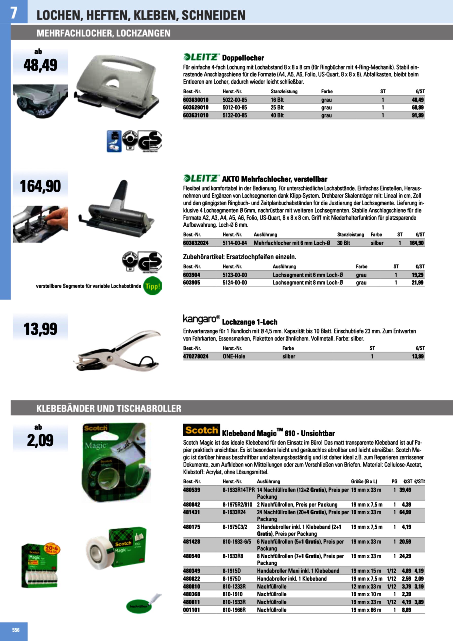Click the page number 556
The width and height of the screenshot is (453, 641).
pos(16,630)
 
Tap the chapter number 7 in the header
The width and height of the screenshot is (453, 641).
pos(14,13)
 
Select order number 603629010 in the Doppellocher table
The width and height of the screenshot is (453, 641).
pos(196,108)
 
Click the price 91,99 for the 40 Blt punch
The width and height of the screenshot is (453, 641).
pos(417,115)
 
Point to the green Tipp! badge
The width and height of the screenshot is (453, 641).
pos(152,286)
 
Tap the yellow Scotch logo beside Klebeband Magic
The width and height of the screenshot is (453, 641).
pos(201,430)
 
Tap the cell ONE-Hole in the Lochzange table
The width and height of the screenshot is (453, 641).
pos(234,356)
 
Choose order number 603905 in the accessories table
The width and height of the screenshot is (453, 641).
pos(191,282)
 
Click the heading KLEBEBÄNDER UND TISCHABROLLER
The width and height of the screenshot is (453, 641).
pos(109,409)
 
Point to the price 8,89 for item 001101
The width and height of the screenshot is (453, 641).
pos(406,610)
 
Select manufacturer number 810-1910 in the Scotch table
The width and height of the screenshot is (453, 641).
pos(233,594)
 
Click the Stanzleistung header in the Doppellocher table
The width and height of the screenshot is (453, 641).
pos(284,91)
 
